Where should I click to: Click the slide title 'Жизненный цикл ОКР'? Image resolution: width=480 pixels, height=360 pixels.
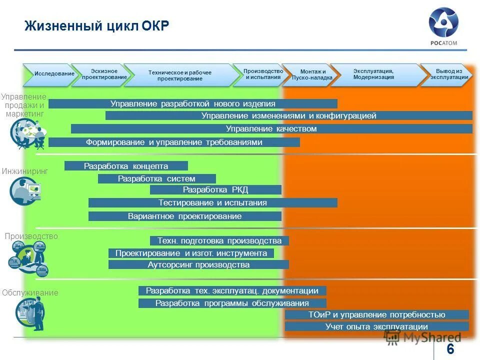point(97,25)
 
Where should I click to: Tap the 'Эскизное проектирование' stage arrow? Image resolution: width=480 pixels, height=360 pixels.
point(103,74)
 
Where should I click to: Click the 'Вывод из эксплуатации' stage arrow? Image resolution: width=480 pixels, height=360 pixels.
point(448,74)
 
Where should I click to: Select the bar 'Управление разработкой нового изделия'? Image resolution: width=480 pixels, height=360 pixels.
point(193,104)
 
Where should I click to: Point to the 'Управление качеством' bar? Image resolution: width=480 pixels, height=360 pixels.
point(271,129)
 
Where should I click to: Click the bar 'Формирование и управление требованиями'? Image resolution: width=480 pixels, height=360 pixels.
point(174,142)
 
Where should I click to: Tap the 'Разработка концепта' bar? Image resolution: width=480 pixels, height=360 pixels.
point(126,166)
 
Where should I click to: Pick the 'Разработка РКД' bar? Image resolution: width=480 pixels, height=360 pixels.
point(215,190)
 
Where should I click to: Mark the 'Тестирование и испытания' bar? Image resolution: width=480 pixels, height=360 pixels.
point(213,203)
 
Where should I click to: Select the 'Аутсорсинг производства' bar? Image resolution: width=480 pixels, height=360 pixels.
point(198,265)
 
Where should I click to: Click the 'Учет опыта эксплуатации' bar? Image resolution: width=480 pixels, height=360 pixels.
point(376,326)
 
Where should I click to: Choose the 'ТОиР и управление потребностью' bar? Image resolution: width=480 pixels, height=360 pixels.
point(376,315)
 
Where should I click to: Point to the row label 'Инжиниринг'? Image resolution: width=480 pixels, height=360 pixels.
point(25,171)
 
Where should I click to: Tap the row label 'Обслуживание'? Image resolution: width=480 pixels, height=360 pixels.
point(29,293)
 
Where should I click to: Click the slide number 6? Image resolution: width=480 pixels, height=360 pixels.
point(450,349)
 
